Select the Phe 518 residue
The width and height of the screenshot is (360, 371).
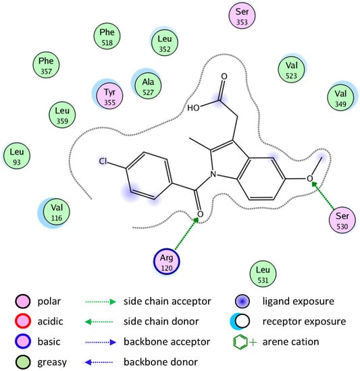coord(107,38)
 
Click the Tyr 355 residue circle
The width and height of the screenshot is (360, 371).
coord(109,94)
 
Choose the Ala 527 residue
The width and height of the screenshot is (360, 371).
coord(148,84)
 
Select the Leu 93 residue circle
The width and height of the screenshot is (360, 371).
coord(16,156)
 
